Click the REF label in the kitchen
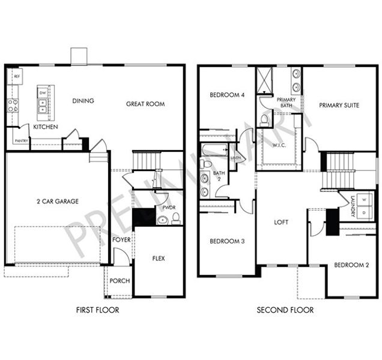tap(17, 77)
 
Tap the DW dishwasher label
tap(42, 94)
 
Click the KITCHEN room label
tap(46, 127)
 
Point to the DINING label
tap(83, 101)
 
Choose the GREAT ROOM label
tap(145, 104)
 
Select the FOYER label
tap(121, 240)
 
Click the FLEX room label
tap(159, 259)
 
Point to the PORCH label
tap(121, 281)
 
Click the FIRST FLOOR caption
tap(98, 310)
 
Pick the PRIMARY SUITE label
tap(339, 105)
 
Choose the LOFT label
tap(281, 222)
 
